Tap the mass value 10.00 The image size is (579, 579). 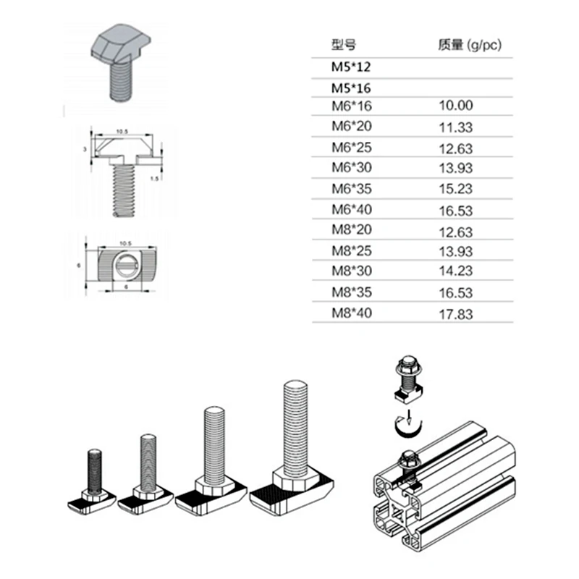(x=455, y=106)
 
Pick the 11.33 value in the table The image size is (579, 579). (x=455, y=127)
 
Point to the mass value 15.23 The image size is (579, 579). (x=455, y=189)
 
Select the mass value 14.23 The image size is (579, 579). (x=455, y=274)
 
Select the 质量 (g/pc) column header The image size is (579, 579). (x=469, y=45)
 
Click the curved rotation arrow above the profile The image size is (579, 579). (x=405, y=428)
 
